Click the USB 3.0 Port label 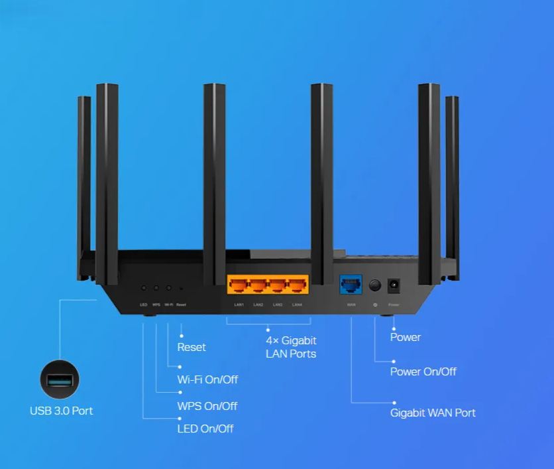tap(61, 411)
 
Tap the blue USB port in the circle tap(59, 381)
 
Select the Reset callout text tap(192, 347)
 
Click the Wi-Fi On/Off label tap(207, 379)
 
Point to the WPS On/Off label tap(207, 405)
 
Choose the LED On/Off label tap(205, 428)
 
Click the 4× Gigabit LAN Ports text tap(291, 347)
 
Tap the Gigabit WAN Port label tap(433, 413)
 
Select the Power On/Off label tap(423, 371)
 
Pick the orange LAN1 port tap(239, 286)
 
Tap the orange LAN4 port tap(298, 286)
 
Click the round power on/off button tap(375, 285)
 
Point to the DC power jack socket tap(394, 285)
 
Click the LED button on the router tap(143, 288)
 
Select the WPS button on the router tap(156, 288)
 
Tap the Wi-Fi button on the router tap(168, 288)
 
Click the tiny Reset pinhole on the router tap(181, 289)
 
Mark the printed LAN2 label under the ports tap(258, 304)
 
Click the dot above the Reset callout tap(181, 336)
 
